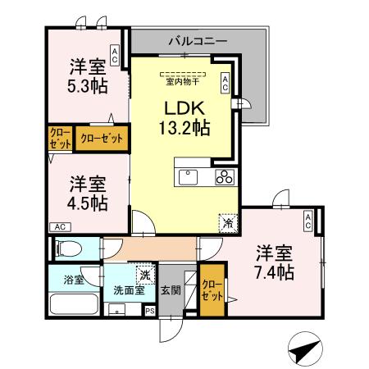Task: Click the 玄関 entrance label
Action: coord(171,289)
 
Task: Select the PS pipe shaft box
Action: coord(149,311)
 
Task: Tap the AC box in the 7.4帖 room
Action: coord(307,220)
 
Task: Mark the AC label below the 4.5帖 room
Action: coord(60,226)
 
